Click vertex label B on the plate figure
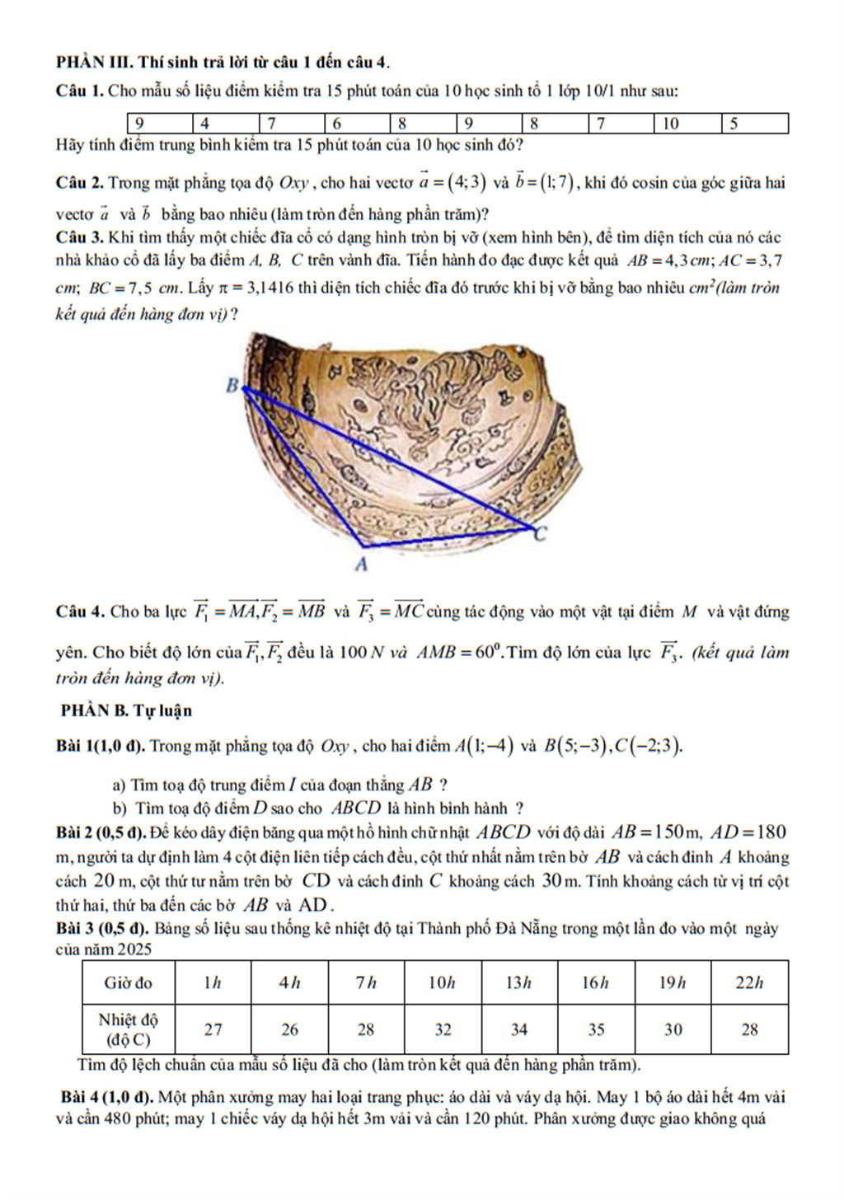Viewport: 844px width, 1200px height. [x=232, y=385]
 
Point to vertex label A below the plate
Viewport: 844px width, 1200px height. [x=360, y=565]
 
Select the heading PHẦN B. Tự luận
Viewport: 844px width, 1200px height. [x=126, y=710]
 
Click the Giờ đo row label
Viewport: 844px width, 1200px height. [x=128, y=982]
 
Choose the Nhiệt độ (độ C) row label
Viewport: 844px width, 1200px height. [x=128, y=1029]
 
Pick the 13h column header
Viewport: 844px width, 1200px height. [x=518, y=982]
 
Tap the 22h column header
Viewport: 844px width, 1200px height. [x=749, y=982]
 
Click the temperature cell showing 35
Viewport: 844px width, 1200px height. [x=596, y=1029]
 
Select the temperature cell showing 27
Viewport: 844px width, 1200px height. [x=213, y=1029]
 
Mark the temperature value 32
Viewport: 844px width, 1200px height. [x=443, y=1029]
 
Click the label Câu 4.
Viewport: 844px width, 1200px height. [x=80, y=612]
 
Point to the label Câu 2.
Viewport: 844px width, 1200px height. [x=80, y=183]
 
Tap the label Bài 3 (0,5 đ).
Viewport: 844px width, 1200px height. [x=102, y=928]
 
